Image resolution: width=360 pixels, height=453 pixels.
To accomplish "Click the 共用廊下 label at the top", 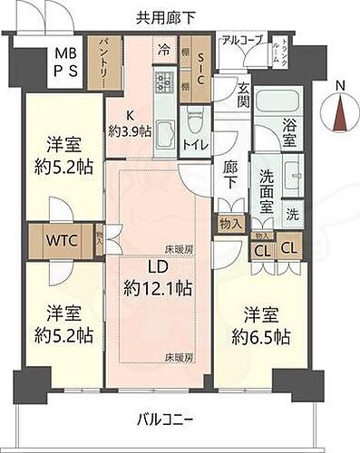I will [x=166, y=15].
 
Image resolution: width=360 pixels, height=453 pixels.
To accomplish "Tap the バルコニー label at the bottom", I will [x=166, y=420].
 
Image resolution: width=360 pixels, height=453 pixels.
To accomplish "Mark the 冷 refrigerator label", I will [x=163, y=51].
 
